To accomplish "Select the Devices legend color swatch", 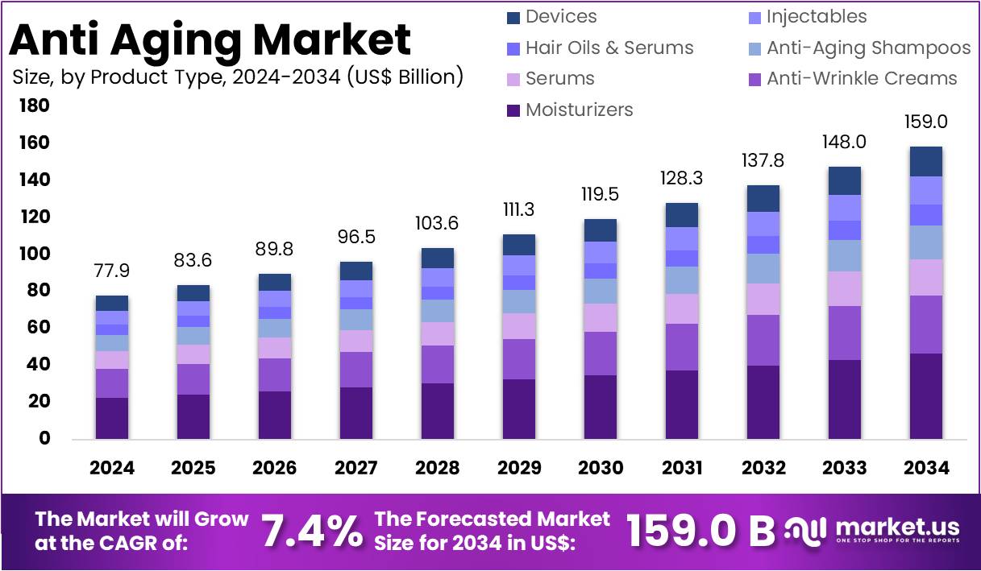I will (513, 17).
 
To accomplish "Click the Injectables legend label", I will (817, 17).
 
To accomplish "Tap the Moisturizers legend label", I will (579, 110).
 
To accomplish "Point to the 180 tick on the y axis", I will (34, 106).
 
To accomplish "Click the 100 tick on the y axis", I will (34, 254).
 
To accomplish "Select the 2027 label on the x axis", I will (355, 468).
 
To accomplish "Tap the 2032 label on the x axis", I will (763, 468).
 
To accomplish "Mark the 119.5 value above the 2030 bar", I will (601, 195).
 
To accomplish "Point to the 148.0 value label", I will (844, 142).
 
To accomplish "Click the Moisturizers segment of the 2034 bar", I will (925, 396).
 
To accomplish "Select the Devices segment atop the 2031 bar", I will (682, 215).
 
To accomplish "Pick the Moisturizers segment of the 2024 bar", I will (111, 418).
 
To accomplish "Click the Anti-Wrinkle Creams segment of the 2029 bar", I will (518, 359).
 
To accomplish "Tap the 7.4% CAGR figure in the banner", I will (311, 532).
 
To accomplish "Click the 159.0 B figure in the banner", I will (700, 532).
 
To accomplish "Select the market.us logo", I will (875, 530).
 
